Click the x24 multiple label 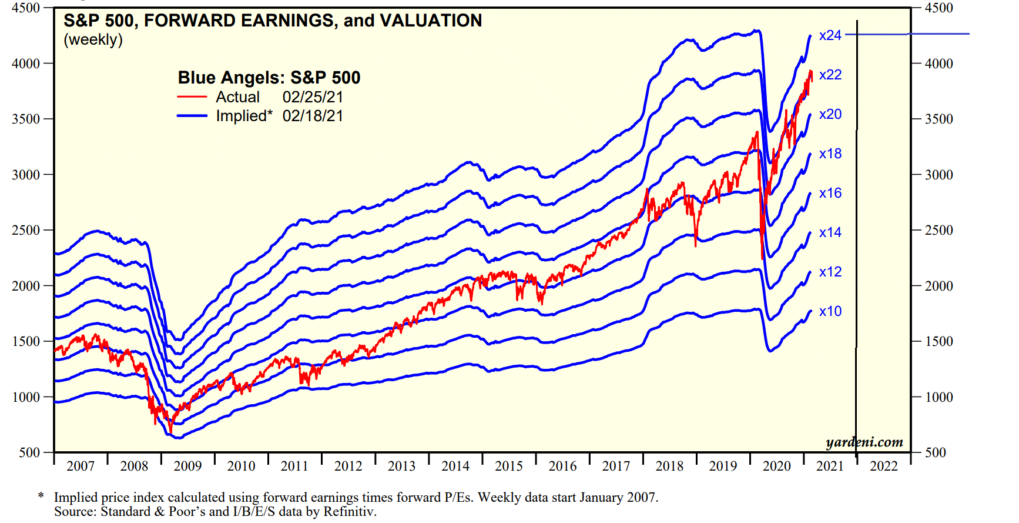(830, 35)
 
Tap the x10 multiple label (830, 311)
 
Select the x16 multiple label (830, 193)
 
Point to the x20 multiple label (830, 114)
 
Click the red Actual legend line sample (192, 97)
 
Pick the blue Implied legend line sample (192, 116)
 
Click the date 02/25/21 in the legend (313, 97)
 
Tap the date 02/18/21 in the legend (313, 116)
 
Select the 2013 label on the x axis (401, 466)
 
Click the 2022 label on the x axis (884, 466)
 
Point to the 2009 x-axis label (187, 466)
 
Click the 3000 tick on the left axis (26, 175)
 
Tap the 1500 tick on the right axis (939, 341)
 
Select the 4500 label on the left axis (26, 8)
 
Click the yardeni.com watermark (864, 442)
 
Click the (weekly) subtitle (93, 39)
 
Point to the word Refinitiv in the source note (349, 511)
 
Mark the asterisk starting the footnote (41, 497)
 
